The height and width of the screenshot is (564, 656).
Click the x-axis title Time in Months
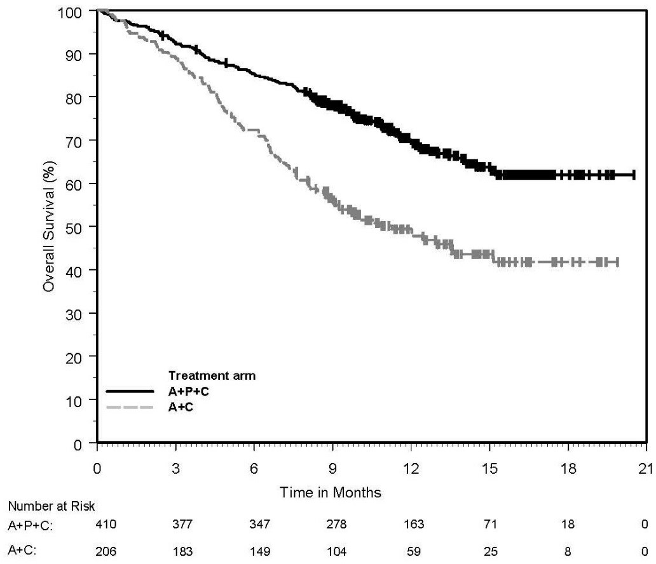pos(332,492)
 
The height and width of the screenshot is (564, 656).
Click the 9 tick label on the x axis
pos(332,469)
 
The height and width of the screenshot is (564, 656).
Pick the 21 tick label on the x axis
pos(646,469)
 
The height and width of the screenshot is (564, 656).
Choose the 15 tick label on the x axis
pos(489,469)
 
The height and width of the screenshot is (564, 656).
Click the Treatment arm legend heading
pos(212,376)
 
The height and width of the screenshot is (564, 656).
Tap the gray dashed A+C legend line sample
pos(130,406)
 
